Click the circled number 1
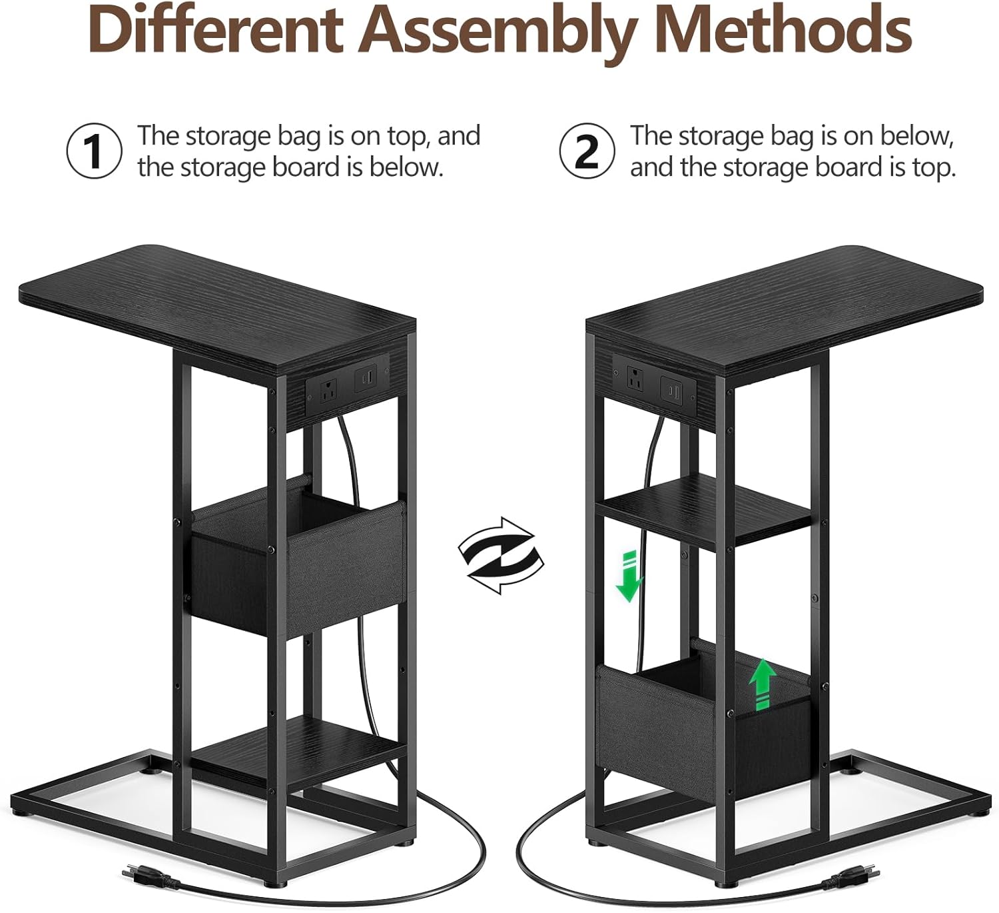[x=94, y=151]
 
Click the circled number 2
[x=587, y=151]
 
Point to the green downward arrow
[x=629, y=576]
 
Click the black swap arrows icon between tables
[x=500, y=556]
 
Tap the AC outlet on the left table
[x=328, y=391]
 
